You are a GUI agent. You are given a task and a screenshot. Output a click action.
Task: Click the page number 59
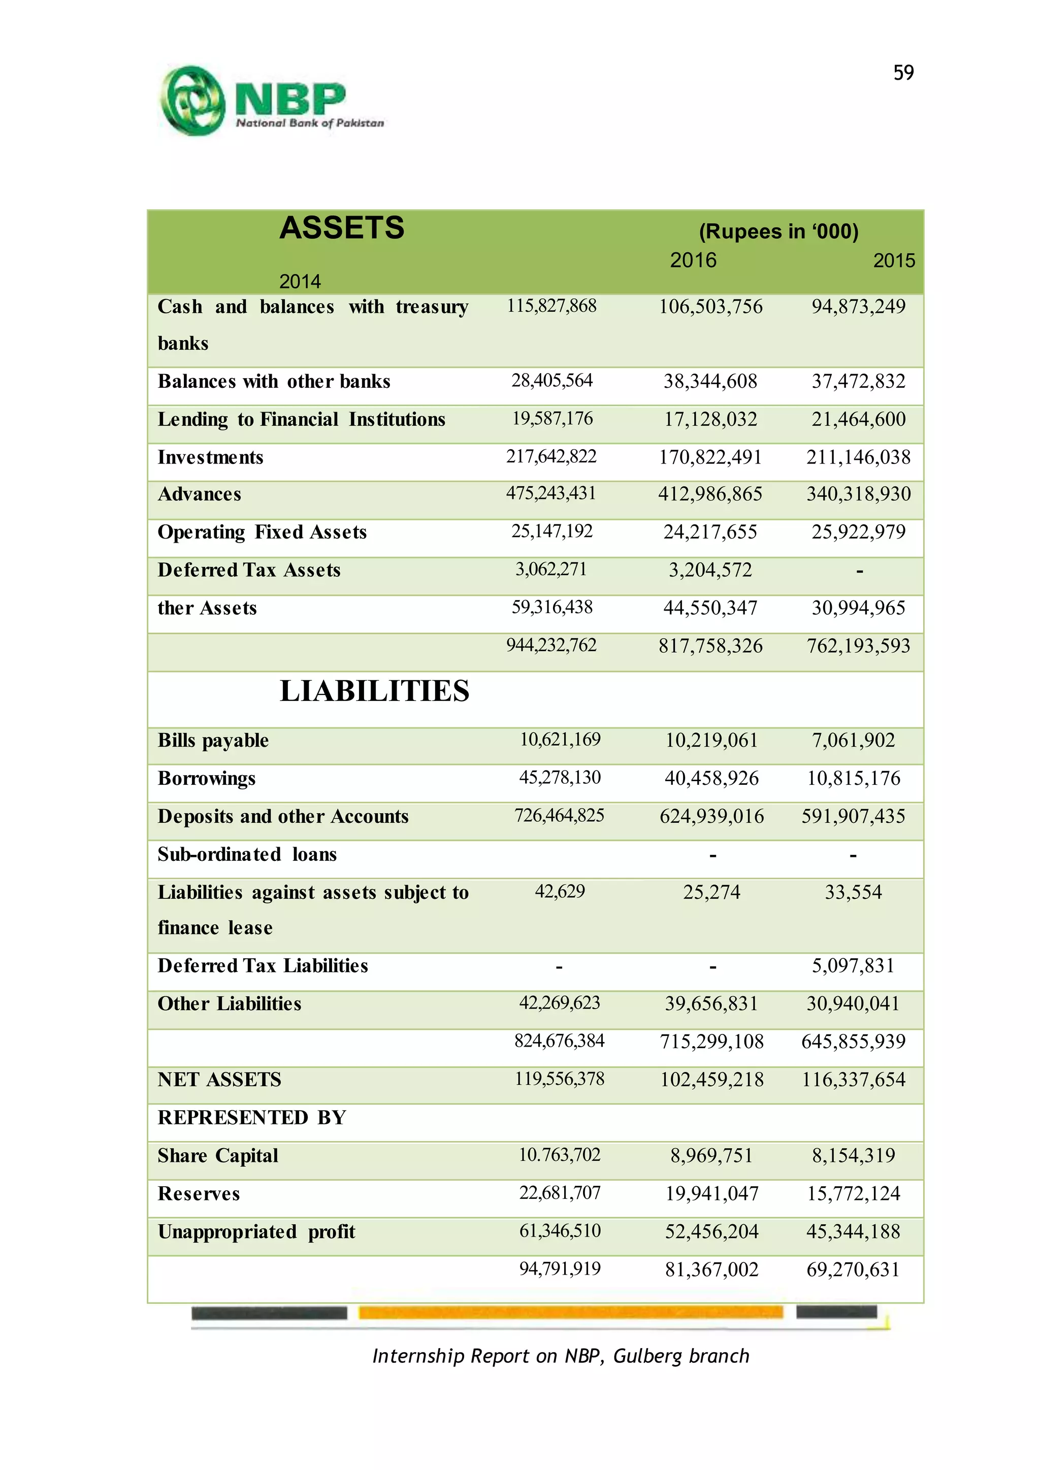[903, 73]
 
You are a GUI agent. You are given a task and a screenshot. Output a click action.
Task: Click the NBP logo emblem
[192, 101]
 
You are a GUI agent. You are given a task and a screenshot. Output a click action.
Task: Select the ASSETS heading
[341, 228]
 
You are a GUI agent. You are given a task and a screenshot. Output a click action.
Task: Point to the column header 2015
[893, 260]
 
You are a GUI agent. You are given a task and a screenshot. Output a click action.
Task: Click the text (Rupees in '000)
[778, 231]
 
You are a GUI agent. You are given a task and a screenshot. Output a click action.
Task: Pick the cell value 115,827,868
[551, 306]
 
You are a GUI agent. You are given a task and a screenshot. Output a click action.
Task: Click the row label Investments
[210, 457]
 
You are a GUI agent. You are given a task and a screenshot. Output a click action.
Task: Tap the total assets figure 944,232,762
[551, 645]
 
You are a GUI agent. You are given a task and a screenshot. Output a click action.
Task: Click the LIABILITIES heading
[375, 691]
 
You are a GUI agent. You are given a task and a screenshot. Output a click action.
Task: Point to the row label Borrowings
[206, 779]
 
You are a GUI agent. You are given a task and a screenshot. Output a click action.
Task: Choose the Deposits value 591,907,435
[853, 816]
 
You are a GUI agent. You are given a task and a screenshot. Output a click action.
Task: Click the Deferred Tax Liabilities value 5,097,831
[853, 965]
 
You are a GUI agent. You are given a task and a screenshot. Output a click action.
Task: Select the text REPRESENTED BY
[252, 1118]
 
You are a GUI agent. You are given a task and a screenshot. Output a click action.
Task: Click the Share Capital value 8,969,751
[711, 1156]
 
